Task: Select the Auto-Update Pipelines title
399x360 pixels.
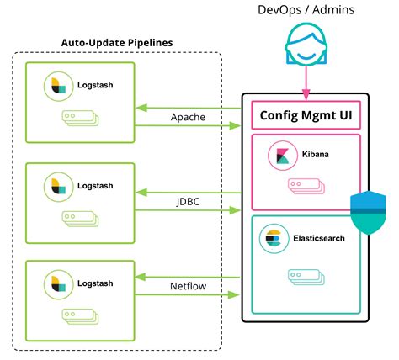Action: (117, 43)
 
